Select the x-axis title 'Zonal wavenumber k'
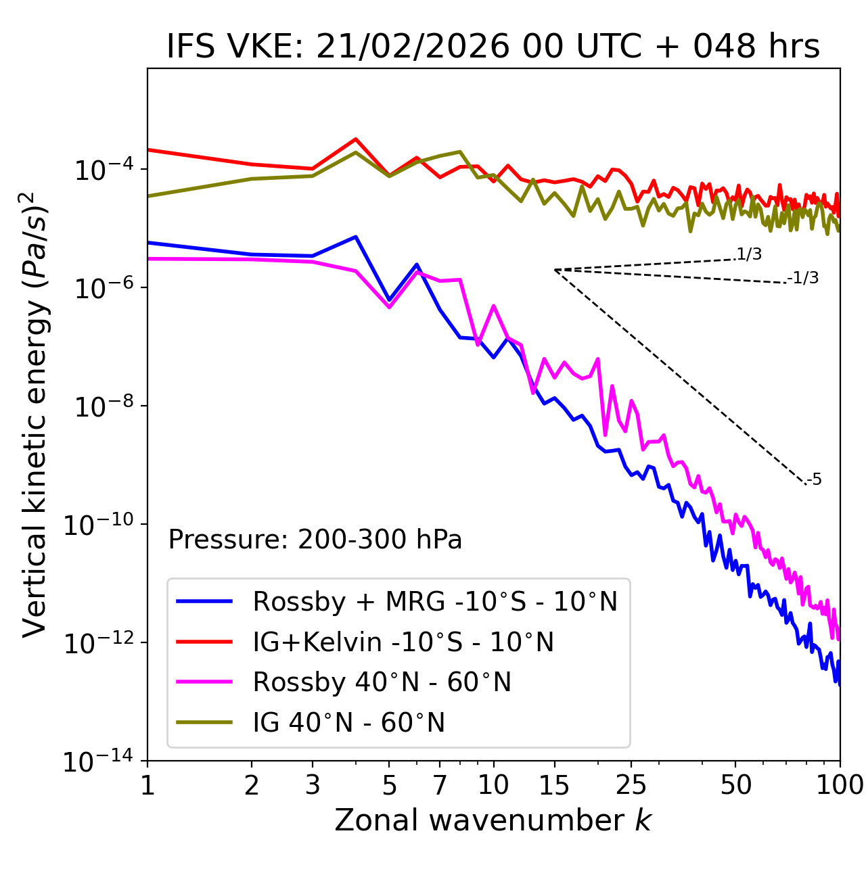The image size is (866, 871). pos(493,820)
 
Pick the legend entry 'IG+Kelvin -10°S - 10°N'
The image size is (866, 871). pos(403,642)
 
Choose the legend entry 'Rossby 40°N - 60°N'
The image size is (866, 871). pos(382,682)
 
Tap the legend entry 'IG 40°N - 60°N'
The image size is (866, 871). pos(349,723)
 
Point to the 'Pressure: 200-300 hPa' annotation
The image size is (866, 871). pos(315,540)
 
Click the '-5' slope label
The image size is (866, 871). pos(815,479)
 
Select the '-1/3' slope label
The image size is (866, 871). pos(804,278)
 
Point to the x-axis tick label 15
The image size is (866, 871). pos(554,785)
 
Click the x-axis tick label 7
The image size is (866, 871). pos(440,785)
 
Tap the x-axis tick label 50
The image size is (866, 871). pos(736,785)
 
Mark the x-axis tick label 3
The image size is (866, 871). pos(313,785)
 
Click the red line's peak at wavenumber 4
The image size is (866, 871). pos(355,139)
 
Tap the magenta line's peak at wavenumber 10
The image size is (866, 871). pos(494,306)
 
